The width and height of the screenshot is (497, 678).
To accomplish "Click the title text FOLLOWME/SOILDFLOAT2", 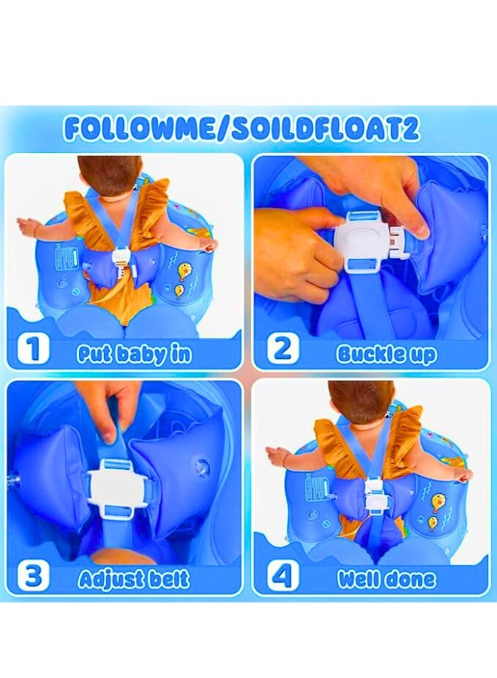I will click(242, 128).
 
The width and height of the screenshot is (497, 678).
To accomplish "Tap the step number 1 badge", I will click(33, 351).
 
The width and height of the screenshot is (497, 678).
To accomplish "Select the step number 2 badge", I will click(282, 351).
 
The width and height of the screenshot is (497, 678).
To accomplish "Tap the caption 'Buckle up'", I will click(386, 353).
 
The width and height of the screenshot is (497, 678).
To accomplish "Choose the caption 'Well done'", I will click(386, 579).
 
